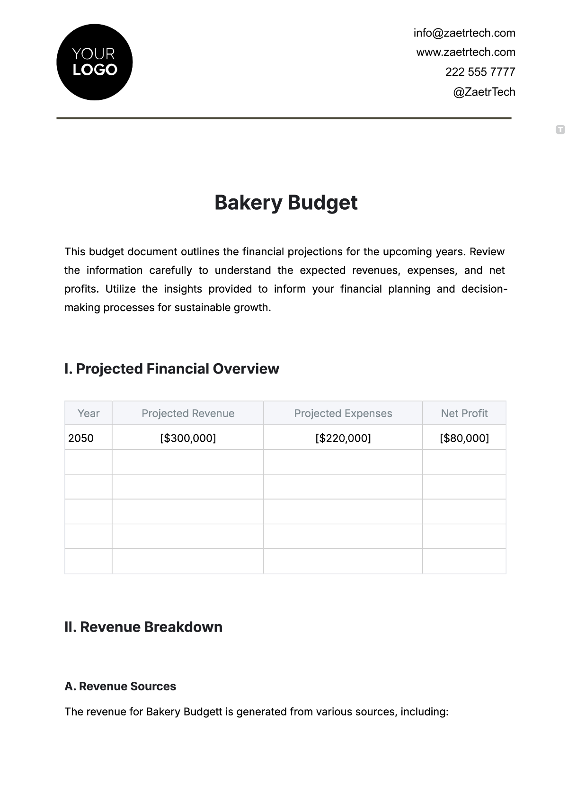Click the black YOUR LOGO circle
tap(94, 62)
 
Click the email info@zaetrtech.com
tap(464, 33)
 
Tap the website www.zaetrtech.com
tap(466, 52)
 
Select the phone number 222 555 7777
tap(480, 72)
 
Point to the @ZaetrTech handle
tap(484, 92)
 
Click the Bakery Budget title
tap(286, 203)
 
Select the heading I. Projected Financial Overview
tap(172, 369)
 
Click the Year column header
tap(89, 413)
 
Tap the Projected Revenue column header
tap(188, 413)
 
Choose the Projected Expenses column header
tap(343, 413)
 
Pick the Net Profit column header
tap(464, 413)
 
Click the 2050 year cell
tap(81, 438)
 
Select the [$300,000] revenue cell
tap(188, 438)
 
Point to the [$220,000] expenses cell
tap(343, 438)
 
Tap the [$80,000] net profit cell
tap(464, 438)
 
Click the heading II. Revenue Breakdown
tap(143, 627)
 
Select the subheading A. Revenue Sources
tap(120, 687)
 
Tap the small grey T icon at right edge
tap(560, 129)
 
